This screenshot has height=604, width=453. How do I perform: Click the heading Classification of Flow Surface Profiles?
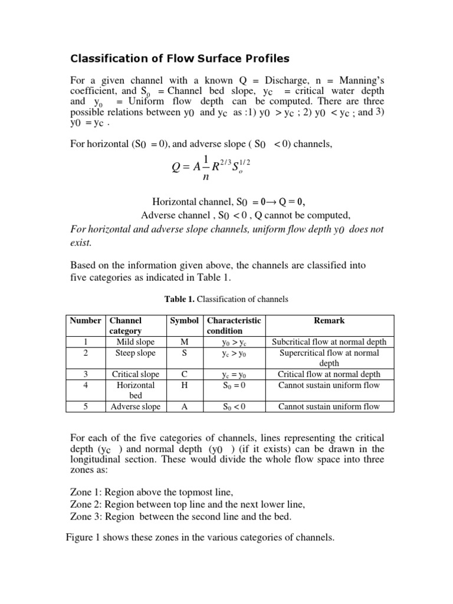[x=180, y=58]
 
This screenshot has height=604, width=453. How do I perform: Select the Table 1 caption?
[x=226, y=299]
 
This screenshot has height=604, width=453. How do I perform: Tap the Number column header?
[x=86, y=320]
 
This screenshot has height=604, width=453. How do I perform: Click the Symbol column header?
[x=184, y=320]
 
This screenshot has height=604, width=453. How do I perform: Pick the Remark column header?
[x=329, y=320]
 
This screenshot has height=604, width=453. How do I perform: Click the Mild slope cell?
[x=136, y=342]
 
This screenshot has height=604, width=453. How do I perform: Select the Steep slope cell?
[x=136, y=353]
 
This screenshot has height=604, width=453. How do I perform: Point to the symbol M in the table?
[x=184, y=342]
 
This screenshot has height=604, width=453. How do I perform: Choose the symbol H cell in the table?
[x=184, y=385]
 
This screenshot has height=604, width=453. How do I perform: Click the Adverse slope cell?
[x=136, y=406]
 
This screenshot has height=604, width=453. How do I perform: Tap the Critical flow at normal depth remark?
[x=329, y=375]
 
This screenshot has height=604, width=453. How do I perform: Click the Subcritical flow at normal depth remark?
[x=329, y=342]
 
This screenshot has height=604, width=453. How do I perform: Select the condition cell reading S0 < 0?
[x=233, y=406]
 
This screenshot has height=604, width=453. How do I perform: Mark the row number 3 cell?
[x=86, y=375]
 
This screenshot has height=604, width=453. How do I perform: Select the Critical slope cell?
[x=136, y=375]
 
